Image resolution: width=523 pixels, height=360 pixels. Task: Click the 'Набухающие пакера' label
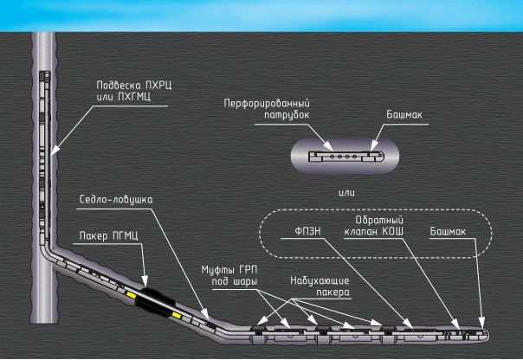click(x=320, y=286)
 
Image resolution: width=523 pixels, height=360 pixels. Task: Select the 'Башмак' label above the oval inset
click(x=402, y=113)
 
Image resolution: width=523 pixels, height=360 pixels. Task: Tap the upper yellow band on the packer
click(x=132, y=295)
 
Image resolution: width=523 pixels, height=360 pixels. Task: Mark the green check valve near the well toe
click(x=463, y=332)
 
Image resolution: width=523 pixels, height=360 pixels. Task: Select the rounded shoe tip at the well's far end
click(x=482, y=333)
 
